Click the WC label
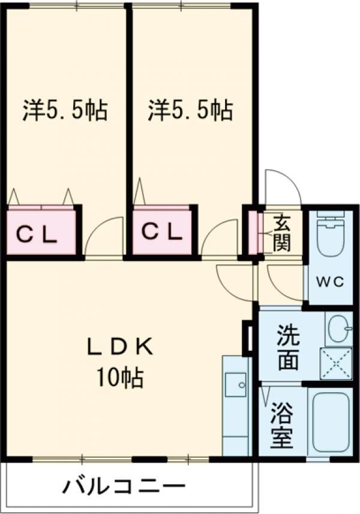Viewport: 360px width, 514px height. click(331, 282)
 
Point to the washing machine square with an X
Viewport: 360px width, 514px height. click(337, 362)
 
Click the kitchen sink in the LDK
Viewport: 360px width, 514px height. click(235, 384)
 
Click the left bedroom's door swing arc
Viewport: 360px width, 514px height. click(103, 238)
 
